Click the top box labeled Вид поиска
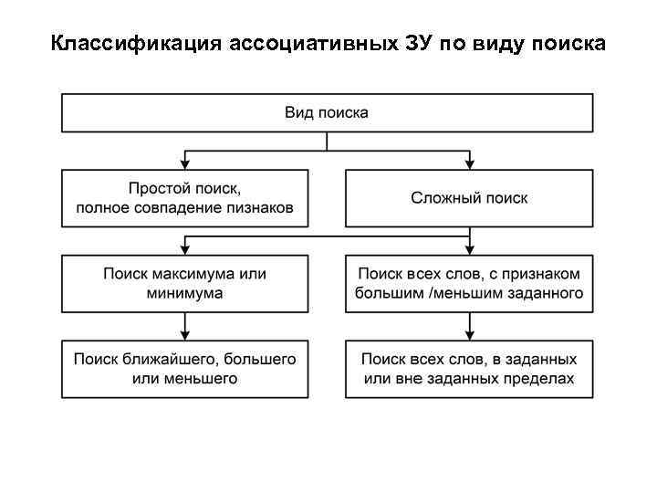tap(328, 113)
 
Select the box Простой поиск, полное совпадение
tap(185, 198)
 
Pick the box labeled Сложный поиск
tap(469, 198)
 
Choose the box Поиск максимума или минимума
tap(185, 283)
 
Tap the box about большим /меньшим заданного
tap(469, 283)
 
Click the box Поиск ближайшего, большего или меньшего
tap(185, 368)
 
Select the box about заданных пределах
tap(469, 368)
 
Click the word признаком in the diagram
tap(546, 274)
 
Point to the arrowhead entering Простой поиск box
tap(185, 165)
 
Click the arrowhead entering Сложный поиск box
tap(469, 165)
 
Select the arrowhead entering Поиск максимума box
tap(185, 250)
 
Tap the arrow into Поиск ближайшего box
tap(185, 335)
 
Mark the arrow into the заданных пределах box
tap(469, 335)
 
